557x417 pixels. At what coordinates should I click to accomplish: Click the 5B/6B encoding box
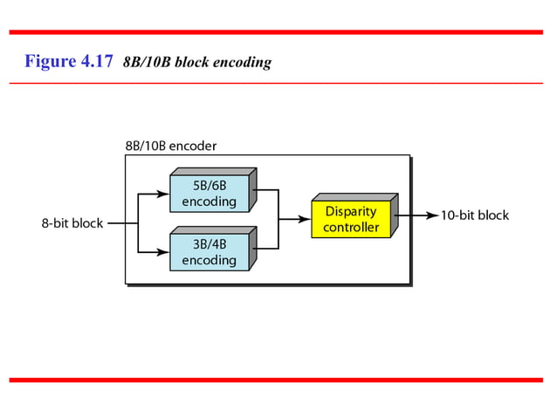(209, 194)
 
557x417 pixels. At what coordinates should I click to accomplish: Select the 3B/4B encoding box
(209, 252)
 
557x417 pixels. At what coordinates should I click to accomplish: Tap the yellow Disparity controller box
(351, 220)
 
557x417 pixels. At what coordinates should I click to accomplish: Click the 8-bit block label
(72, 223)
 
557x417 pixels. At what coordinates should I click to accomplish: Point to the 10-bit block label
(474, 215)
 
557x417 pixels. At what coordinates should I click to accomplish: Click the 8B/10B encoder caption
(171, 146)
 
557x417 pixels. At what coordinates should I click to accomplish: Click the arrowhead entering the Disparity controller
(306, 220)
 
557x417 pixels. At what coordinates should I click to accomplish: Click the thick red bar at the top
(278, 32)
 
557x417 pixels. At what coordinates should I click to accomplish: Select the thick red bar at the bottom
(278, 380)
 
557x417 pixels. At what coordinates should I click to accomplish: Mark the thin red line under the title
(278, 83)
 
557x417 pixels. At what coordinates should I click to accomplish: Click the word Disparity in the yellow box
(351, 212)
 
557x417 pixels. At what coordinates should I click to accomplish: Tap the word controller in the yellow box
(351, 228)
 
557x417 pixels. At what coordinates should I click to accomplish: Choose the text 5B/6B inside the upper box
(209, 186)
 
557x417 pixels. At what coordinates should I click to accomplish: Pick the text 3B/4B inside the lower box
(209, 244)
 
